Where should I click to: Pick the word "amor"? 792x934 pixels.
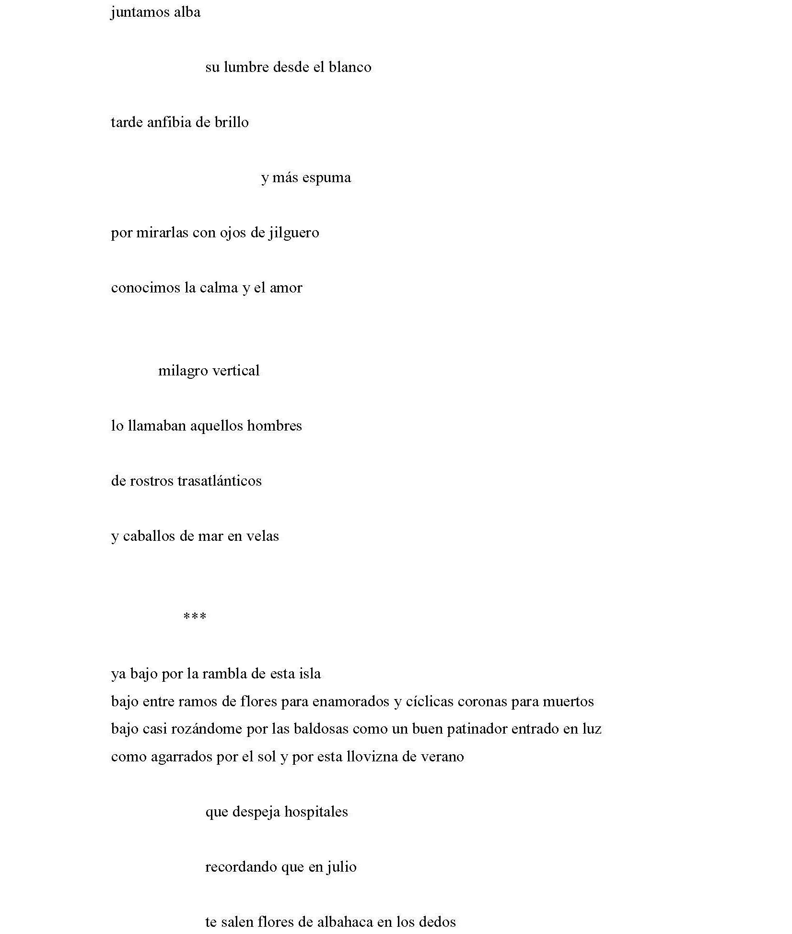(x=286, y=288)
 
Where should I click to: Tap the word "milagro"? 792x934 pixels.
(x=183, y=371)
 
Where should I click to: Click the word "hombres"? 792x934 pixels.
(x=274, y=426)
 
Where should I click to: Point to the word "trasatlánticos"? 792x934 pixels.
(x=220, y=481)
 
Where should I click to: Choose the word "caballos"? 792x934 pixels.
(x=149, y=536)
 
